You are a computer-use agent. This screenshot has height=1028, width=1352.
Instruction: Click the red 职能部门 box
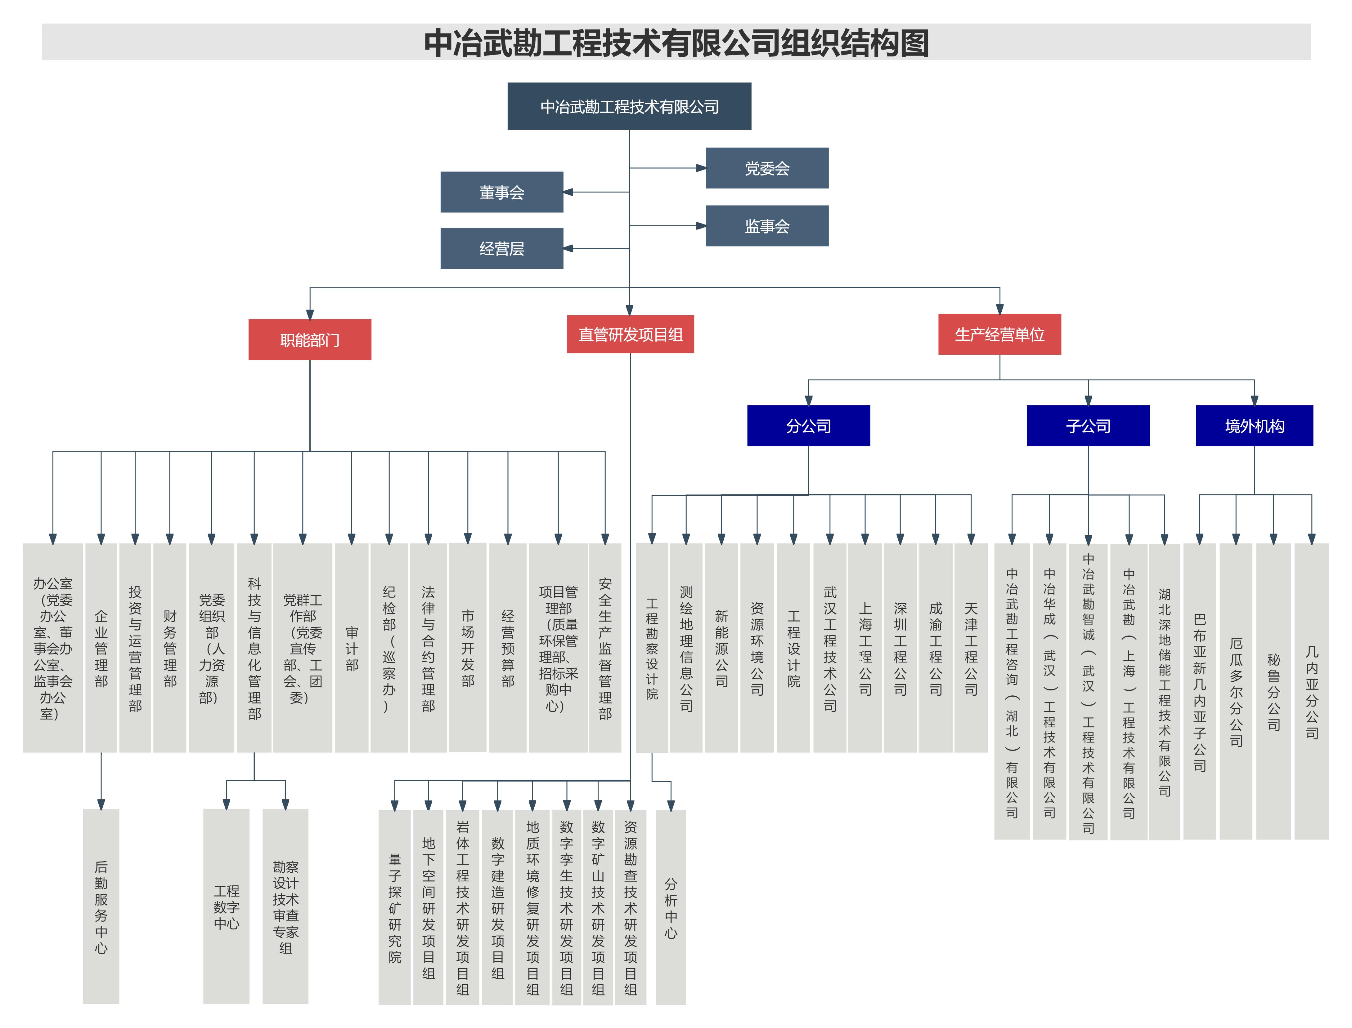pyautogui.click(x=310, y=339)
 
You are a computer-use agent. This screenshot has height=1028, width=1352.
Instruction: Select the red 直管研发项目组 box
pyautogui.click(x=630, y=334)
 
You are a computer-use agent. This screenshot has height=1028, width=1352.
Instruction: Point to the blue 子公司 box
pyautogui.click(x=1088, y=426)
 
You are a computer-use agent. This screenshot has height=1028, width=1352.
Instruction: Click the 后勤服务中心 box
pyautogui.click(x=101, y=906)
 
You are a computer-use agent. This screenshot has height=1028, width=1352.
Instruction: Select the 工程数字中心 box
pyautogui.click(x=227, y=906)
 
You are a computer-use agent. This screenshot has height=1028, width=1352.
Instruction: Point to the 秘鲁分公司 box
pyautogui.click(x=1273, y=691)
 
